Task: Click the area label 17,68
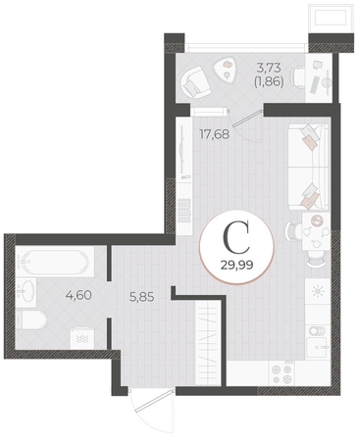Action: click(x=214, y=134)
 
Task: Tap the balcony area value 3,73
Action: click(x=269, y=68)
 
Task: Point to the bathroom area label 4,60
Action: click(x=78, y=295)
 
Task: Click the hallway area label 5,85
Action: click(x=141, y=297)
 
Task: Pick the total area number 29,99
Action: click(x=237, y=265)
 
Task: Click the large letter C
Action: click(x=236, y=237)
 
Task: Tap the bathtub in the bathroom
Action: click(x=55, y=262)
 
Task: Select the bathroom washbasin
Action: click(x=26, y=292)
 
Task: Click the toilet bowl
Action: click(x=31, y=320)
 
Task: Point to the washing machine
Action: click(x=81, y=338)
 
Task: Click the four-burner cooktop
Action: click(x=282, y=374)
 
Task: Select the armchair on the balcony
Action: click(x=195, y=81)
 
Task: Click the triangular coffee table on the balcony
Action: click(x=227, y=70)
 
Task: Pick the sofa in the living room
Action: click(x=308, y=168)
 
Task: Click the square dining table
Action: click(x=316, y=231)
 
